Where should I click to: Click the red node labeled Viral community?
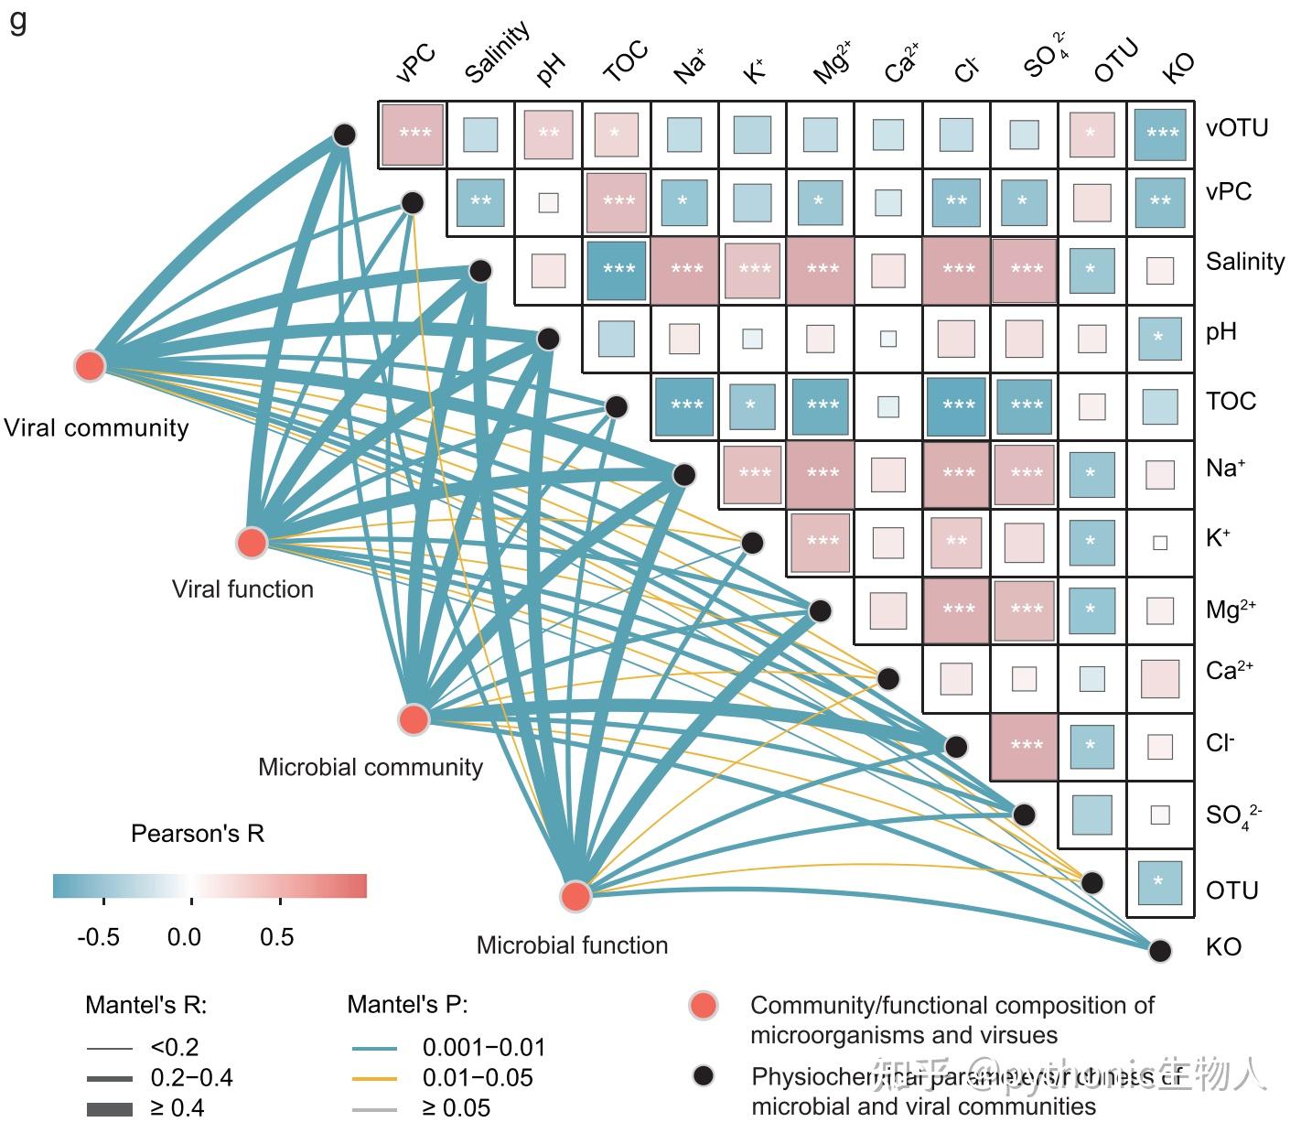click(x=89, y=365)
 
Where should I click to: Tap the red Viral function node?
click(x=252, y=543)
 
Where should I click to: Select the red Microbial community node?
click(x=414, y=719)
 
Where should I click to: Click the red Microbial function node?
click(x=575, y=897)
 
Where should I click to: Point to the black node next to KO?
click(x=1160, y=950)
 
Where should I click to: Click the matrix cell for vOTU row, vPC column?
click(x=413, y=135)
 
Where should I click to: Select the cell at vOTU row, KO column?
click(x=1161, y=135)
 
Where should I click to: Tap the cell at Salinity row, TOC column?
click(x=618, y=270)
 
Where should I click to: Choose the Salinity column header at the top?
click(x=497, y=53)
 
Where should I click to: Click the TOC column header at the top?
click(x=626, y=61)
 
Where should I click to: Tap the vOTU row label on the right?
click(x=1237, y=127)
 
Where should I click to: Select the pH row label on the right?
click(x=1220, y=331)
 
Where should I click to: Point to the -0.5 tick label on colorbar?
click(x=98, y=937)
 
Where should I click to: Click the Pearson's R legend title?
click(x=198, y=834)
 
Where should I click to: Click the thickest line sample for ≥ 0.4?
click(x=110, y=1109)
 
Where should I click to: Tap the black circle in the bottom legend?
click(x=703, y=1076)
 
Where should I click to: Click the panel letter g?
click(x=18, y=20)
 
